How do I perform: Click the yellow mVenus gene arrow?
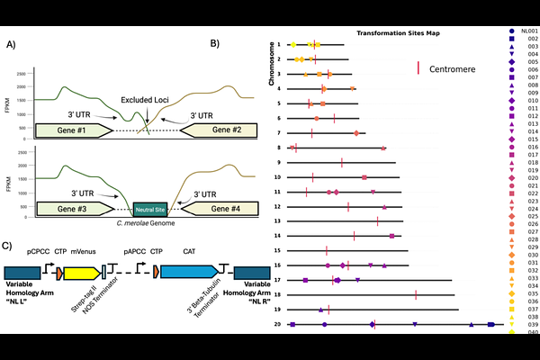81,273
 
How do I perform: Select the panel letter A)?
13,45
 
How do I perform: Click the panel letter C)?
10,245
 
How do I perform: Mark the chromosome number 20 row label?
279,324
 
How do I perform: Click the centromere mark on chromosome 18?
416,294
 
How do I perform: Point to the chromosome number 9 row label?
280,162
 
